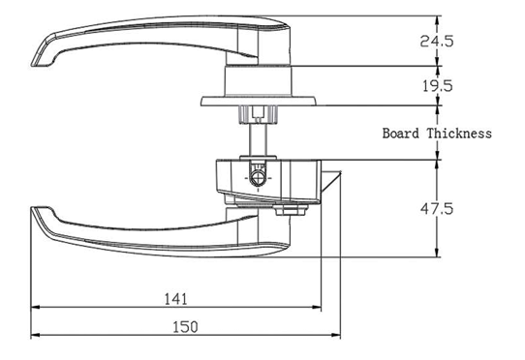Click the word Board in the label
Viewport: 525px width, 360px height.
402,134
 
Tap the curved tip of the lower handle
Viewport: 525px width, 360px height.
41,219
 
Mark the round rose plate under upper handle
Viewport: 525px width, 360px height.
258,100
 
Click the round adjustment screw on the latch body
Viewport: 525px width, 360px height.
258,177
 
